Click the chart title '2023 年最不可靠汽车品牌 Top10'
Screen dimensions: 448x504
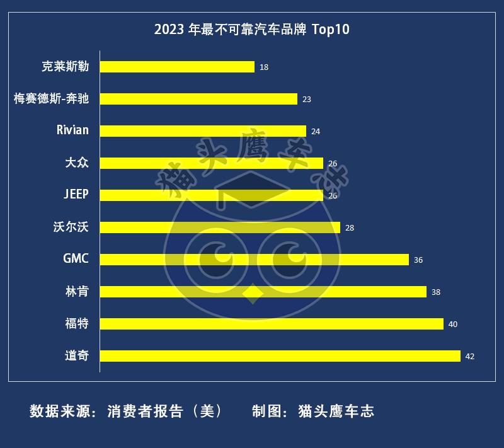pyautogui.click(x=252, y=30)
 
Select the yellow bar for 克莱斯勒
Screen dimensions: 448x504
pyautogui.click(x=177, y=67)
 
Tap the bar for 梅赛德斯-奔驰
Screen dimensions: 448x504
pyautogui.click(x=198, y=99)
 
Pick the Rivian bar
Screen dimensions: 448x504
pyautogui.click(x=203, y=131)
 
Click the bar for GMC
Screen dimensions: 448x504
pyautogui.click(x=255, y=260)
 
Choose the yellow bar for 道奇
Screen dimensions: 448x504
pyautogui.click(x=280, y=356)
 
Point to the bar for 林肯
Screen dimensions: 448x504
pyautogui.click(x=263, y=292)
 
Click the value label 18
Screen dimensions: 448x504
pyautogui.click(x=264, y=67)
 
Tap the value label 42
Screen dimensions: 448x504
pyautogui.click(x=469, y=357)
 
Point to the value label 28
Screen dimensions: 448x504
pyautogui.click(x=350, y=228)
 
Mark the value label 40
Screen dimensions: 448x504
pyautogui.click(x=452, y=325)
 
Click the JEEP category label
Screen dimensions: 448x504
pyautogui.click(x=76, y=195)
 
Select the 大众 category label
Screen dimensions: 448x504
pyautogui.click(x=77, y=163)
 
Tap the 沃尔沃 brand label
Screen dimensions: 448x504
pyautogui.click(x=71, y=227)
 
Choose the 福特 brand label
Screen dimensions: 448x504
pyautogui.click(x=77, y=324)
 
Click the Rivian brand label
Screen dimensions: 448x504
pyautogui.click(x=72, y=130)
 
